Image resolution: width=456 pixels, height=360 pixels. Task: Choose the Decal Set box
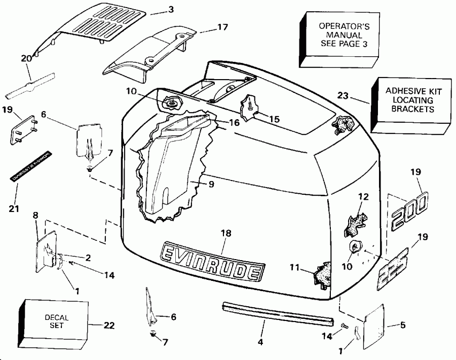(55, 322)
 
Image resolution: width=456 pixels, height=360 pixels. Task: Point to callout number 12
(361, 197)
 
